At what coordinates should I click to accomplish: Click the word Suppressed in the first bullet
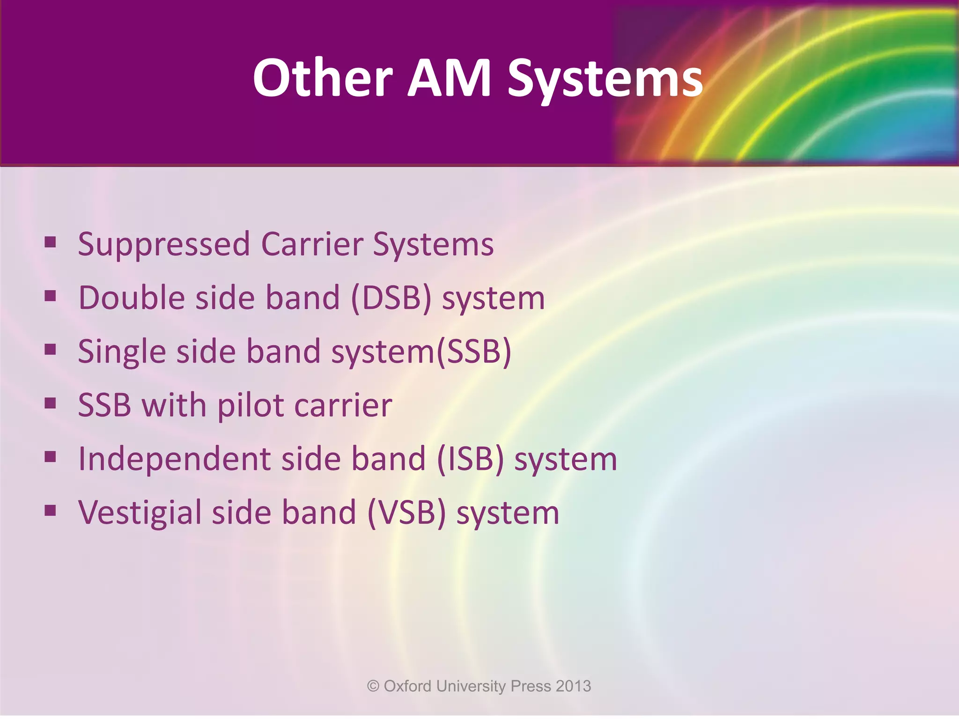[x=163, y=245]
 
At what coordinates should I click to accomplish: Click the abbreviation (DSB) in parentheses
[x=391, y=298]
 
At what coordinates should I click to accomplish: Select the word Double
[x=132, y=298]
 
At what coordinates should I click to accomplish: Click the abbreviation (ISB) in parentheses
[x=470, y=459]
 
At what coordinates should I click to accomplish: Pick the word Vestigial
[x=140, y=513]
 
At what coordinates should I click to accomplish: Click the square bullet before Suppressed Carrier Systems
[x=51, y=242]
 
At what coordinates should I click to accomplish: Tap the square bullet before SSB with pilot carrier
[x=51, y=403]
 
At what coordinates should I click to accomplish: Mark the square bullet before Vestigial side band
[x=51, y=510]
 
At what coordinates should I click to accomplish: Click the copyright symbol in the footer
[x=373, y=686]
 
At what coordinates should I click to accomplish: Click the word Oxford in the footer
[x=407, y=686]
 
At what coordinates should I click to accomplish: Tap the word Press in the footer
[x=531, y=686]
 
